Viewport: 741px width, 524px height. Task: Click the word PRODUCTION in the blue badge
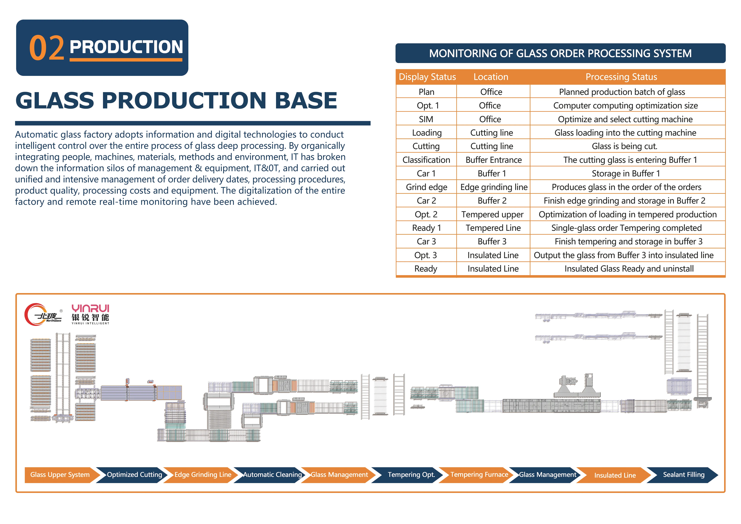click(x=126, y=47)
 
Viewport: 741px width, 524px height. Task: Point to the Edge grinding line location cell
click(x=494, y=187)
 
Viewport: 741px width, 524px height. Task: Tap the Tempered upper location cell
click(x=492, y=214)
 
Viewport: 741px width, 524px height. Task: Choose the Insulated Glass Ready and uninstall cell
click(x=629, y=269)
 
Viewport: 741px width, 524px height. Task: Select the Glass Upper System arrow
click(x=60, y=475)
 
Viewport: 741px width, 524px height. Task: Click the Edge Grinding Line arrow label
click(x=203, y=475)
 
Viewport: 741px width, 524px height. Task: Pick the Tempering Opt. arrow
click(x=411, y=475)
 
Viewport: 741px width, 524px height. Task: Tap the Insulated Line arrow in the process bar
click(x=615, y=475)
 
